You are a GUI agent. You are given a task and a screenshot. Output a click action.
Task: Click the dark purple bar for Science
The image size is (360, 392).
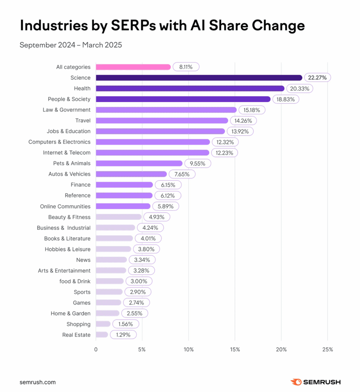pos(199,78)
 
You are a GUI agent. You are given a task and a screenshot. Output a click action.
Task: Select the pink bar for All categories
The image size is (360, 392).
pos(133,67)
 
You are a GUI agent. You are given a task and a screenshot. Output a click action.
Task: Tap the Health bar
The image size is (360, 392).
pos(190,88)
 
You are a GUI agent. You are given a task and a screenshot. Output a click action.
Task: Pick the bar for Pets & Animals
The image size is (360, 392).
pos(139,163)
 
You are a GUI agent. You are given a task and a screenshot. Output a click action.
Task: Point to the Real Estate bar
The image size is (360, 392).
pos(102,335)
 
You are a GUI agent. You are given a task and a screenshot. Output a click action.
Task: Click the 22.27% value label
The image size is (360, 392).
pos(317,78)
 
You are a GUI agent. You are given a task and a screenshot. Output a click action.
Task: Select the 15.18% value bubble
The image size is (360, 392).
pos(252,110)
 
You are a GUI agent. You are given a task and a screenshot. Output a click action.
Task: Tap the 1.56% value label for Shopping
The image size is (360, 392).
pos(126,324)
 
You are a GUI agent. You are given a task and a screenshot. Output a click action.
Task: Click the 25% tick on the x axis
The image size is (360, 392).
pos(327,350)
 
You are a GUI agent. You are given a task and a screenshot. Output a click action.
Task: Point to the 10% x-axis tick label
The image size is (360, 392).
pos(188,350)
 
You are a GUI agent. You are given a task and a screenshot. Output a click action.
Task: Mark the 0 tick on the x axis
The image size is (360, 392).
pos(96,350)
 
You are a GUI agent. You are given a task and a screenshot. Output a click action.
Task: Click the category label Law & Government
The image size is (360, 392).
pos(67,110)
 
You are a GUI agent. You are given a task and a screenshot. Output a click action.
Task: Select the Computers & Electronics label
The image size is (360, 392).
pos(59,142)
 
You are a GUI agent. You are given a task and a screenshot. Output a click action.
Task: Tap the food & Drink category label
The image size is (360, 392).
pos(75,281)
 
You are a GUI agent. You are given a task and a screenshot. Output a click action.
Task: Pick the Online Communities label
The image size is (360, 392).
pos(65,206)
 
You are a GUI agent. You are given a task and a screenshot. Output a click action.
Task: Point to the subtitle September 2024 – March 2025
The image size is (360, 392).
pos(70,45)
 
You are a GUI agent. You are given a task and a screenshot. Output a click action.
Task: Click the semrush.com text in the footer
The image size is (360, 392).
pos(37,382)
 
